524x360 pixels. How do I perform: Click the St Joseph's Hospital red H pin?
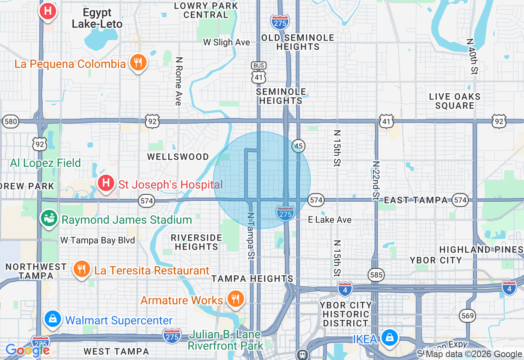pyautogui.click(x=106, y=182)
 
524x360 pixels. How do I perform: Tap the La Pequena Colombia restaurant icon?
pyautogui.click(x=138, y=62)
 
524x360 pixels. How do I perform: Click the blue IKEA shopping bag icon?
pyautogui.click(x=390, y=337)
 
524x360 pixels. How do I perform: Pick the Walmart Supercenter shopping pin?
pyautogui.click(x=53, y=318)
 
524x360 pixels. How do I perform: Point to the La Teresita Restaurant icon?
pyautogui.click(x=82, y=269)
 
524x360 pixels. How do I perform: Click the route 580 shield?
pyautogui.click(x=10, y=122)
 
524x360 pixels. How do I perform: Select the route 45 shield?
pyautogui.click(x=298, y=146)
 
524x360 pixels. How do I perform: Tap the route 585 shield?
pyautogui.click(x=375, y=275)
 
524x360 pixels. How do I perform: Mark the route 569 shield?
pyautogui.click(x=467, y=315)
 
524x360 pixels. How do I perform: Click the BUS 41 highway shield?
pyautogui.click(x=259, y=73)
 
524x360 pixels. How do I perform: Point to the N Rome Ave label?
pyautogui.click(x=178, y=81)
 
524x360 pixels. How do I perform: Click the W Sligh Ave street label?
pyautogui.click(x=226, y=42)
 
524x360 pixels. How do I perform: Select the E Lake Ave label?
pyautogui.click(x=330, y=220)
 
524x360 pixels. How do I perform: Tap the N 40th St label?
pyautogui.click(x=472, y=56)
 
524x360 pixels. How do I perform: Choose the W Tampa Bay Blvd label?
pyautogui.click(x=97, y=240)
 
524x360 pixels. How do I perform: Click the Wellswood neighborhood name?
pyautogui.click(x=178, y=157)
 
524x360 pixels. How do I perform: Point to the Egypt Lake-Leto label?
pyautogui.click(x=97, y=18)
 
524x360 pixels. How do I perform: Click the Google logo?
pyautogui.click(x=27, y=350)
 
